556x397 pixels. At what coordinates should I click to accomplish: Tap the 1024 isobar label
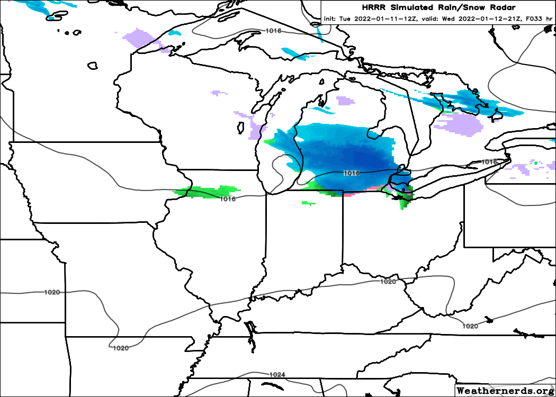point(277,375)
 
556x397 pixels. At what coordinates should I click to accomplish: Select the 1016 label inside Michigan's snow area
point(351,173)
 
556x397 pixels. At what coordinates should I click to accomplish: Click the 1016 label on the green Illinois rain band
point(228,199)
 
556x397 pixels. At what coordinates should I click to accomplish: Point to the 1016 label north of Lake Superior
point(273,31)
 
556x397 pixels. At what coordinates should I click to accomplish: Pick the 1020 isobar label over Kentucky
point(388,282)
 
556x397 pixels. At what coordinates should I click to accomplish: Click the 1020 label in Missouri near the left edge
point(52,292)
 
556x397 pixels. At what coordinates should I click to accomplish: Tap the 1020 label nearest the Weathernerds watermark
point(470,326)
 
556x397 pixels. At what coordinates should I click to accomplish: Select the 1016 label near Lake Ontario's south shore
point(488,161)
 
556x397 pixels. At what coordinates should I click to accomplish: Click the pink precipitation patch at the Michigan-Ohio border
point(349,194)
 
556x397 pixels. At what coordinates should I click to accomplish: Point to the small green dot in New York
point(536,163)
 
